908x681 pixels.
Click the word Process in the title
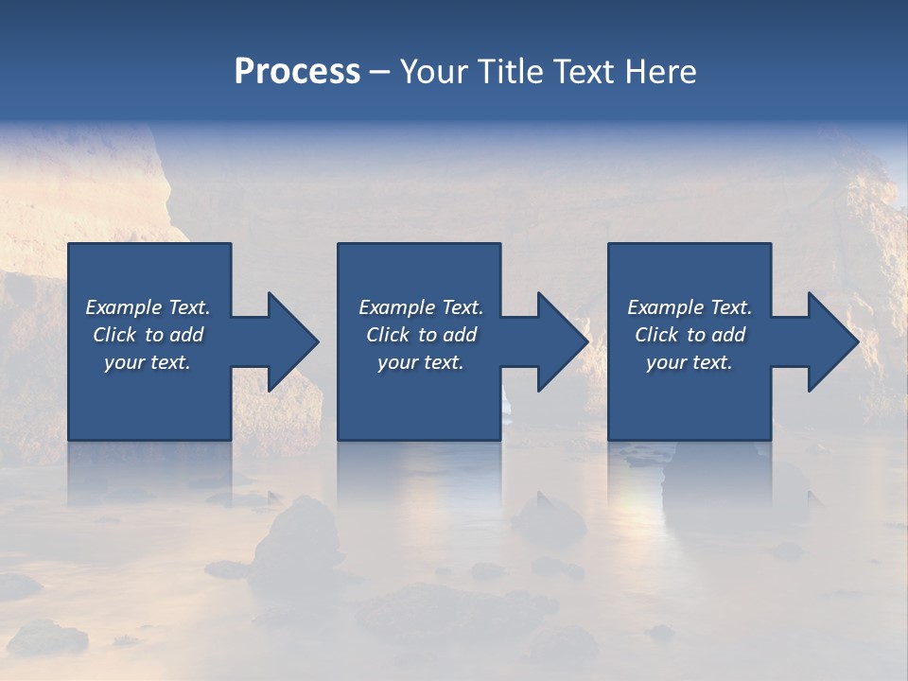click(297, 72)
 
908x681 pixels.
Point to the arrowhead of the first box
click(292, 341)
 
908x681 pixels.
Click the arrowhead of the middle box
click(562, 341)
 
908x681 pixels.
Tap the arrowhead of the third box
click(832, 341)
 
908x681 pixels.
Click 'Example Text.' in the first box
click(148, 307)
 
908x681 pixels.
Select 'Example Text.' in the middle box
click(421, 307)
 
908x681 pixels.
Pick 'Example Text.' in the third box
click(690, 307)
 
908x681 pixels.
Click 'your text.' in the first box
click(148, 362)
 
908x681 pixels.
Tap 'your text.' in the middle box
click(421, 362)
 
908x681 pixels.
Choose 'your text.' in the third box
click(690, 362)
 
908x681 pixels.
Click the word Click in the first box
click(113, 335)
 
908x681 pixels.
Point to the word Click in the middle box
click(387, 335)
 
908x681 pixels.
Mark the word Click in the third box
click(656, 335)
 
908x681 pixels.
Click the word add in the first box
click(187, 335)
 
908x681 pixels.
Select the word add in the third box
click(729, 335)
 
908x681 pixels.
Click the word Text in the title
click(584, 72)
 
